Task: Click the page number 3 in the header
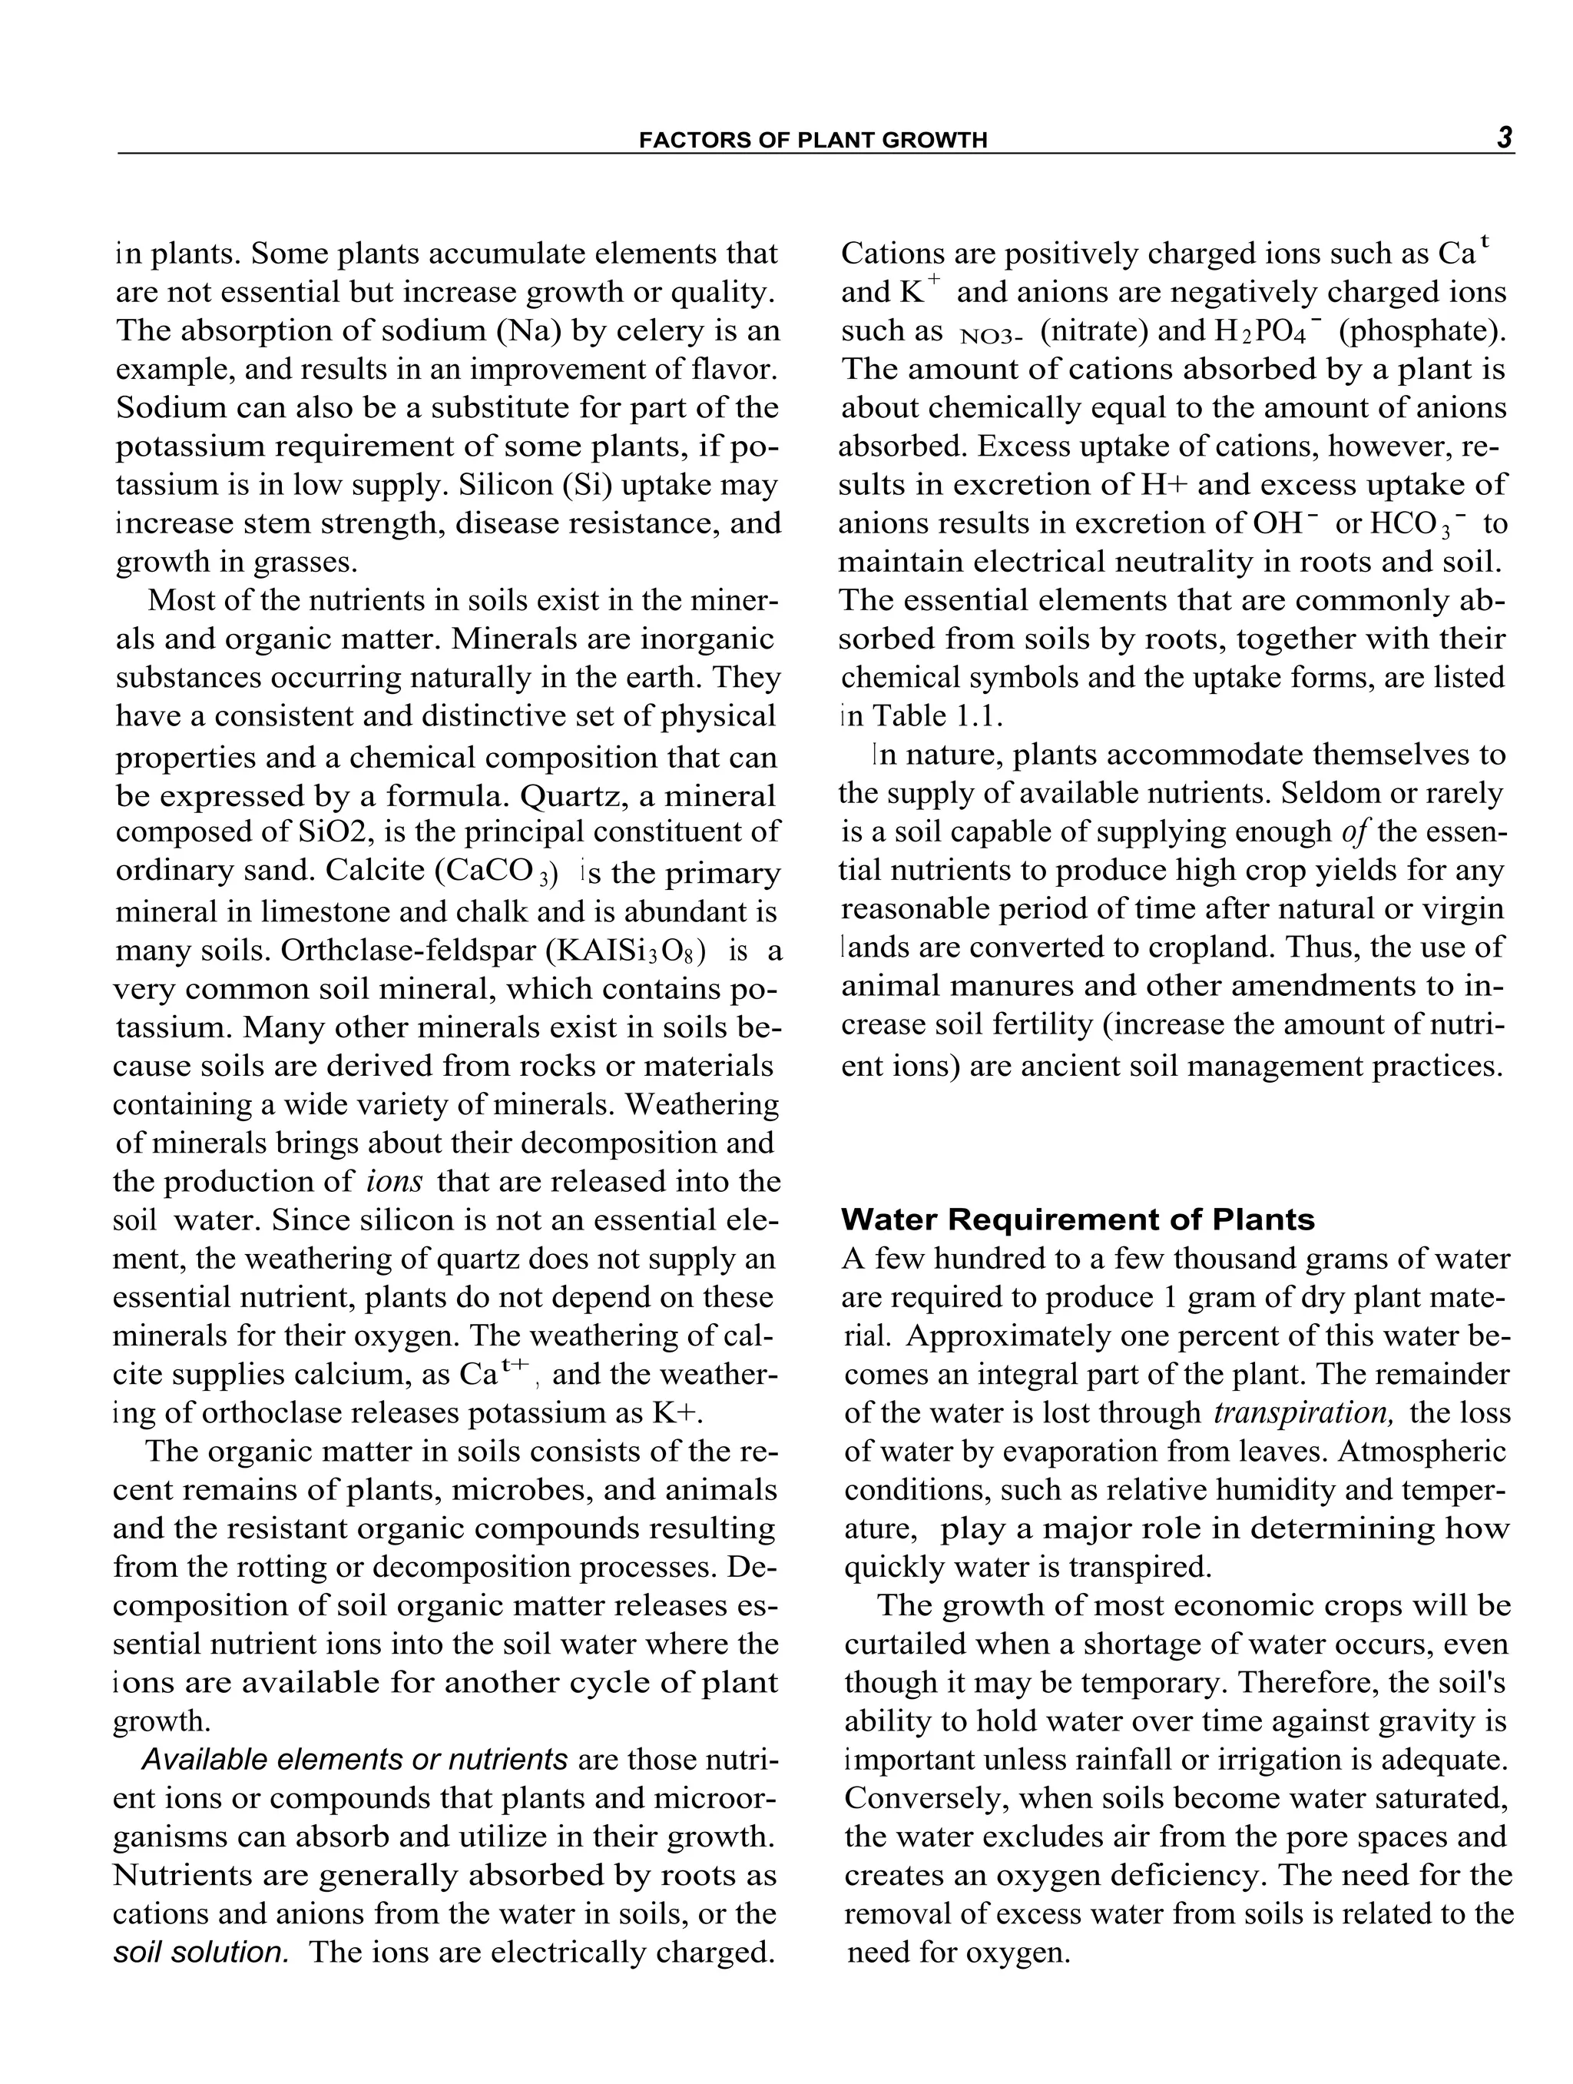click(x=1503, y=138)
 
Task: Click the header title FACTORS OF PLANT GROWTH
click(x=813, y=141)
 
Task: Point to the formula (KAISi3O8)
click(x=625, y=951)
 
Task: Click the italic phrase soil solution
click(x=200, y=1951)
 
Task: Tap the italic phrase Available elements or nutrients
click(x=354, y=1759)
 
